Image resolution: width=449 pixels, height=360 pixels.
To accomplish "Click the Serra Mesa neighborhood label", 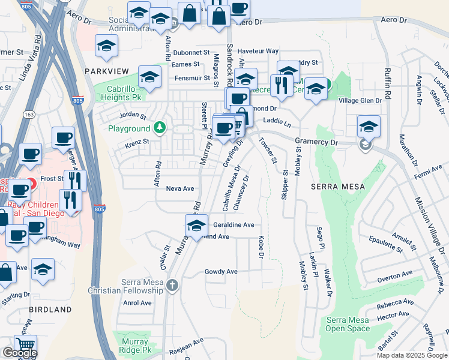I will pos(338,187).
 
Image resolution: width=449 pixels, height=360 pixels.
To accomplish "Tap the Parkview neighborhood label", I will pos(107,71).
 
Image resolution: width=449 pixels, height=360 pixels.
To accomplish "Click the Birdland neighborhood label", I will pos(50,310).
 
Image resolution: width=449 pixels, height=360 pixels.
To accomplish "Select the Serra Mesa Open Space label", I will pos(348,324).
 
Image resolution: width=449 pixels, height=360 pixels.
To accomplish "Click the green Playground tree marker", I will pos(159,127).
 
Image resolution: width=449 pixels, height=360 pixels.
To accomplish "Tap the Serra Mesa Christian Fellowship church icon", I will pos(173,284).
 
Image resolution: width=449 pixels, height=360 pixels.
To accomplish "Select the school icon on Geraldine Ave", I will pos(196,226).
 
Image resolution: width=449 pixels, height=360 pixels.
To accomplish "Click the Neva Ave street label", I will pos(180,188).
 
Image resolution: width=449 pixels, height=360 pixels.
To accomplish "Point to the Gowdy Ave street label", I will pos(221,272).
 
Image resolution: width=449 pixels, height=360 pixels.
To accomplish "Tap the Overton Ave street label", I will pos(395,277).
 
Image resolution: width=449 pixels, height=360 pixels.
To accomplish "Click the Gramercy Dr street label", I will pos(317,142).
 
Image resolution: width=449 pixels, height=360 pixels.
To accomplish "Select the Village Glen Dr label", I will pos(360,101).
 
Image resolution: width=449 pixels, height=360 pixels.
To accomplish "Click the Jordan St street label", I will pos(133,115).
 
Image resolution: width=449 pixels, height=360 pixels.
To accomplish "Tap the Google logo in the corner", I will pos(20,353).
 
